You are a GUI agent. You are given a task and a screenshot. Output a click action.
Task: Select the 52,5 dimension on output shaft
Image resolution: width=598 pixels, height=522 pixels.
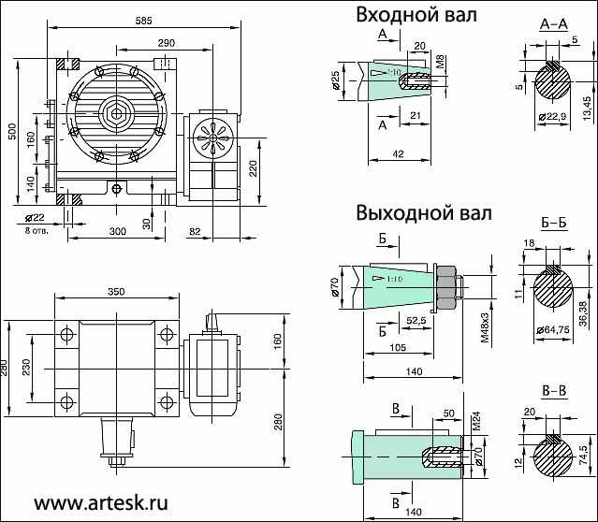click(x=416, y=320)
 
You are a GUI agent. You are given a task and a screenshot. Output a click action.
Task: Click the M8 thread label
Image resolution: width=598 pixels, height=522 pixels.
click(x=440, y=63)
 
